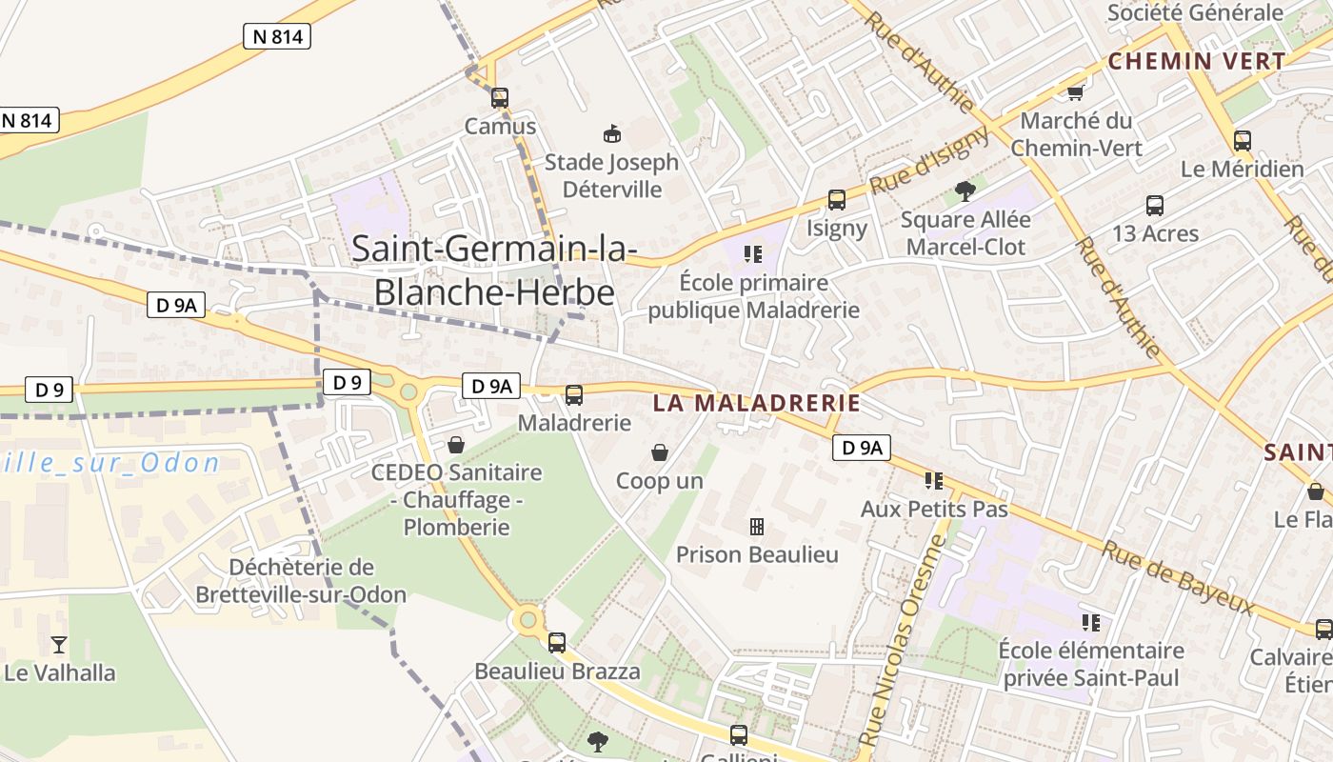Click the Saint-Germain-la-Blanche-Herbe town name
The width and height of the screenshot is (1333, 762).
[x=493, y=270]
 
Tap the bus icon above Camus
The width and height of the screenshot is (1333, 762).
[x=500, y=97]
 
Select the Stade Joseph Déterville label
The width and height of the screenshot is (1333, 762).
[x=611, y=175]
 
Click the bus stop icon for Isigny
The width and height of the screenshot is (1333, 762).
[x=837, y=200]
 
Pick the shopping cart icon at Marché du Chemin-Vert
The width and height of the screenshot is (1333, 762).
[x=1076, y=92]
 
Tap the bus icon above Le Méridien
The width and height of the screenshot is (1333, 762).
[x=1243, y=141]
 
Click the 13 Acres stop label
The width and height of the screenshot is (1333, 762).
[x=1155, y=233]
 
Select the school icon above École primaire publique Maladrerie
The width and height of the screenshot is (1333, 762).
[x=753, y=254]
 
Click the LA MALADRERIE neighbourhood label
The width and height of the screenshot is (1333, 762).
[x=756, y=403]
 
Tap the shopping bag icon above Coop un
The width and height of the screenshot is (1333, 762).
[x=659, y=452]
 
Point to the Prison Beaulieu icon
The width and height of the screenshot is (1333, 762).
[x=757, y=527]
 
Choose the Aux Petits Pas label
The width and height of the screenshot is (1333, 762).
[x=934, y=510]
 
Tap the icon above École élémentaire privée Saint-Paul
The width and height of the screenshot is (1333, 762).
[x=1091, y=623]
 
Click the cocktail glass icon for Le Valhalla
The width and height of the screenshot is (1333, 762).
[x=59, y=645]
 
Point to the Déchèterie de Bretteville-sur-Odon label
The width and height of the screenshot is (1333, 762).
[x=301, y=581]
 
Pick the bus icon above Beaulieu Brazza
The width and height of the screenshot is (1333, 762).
[x=557, y=643]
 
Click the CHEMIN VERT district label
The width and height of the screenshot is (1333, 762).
[x=1197, y=61]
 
